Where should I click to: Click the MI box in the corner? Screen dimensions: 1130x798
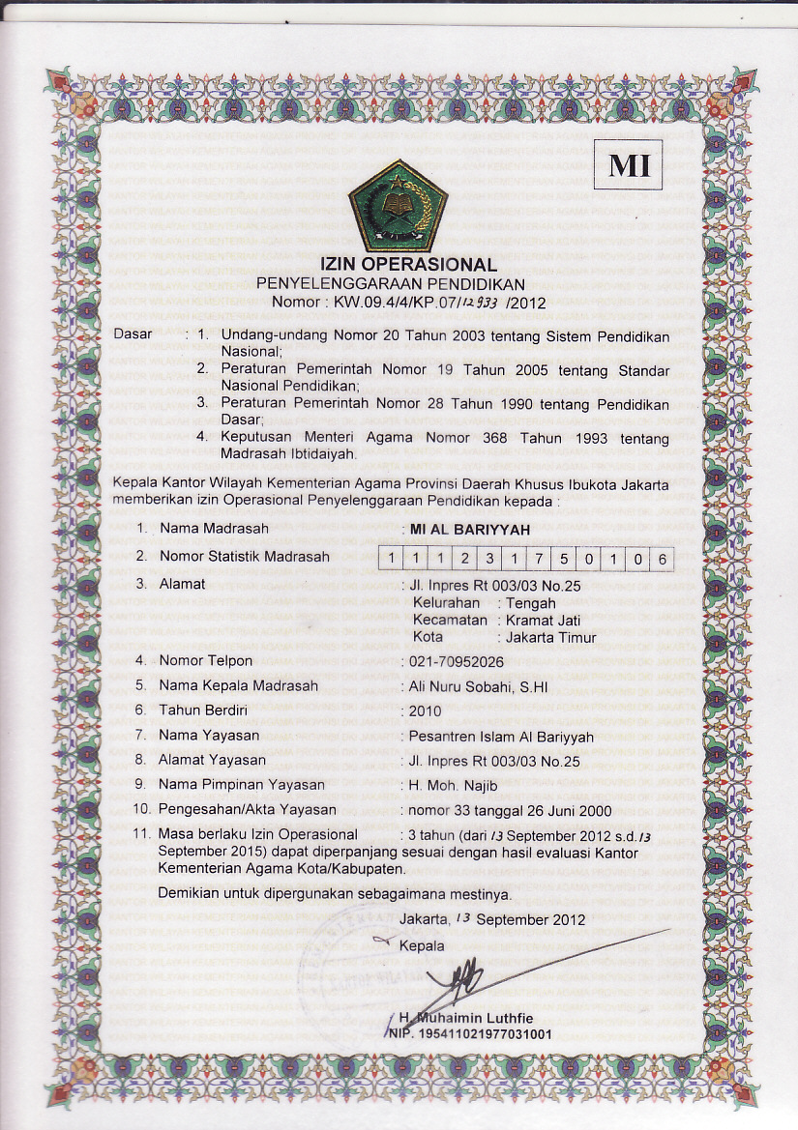pos(628,165)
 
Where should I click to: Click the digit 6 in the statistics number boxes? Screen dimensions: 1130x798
pos(663,558)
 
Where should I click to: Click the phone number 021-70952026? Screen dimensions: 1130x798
pos(457,661)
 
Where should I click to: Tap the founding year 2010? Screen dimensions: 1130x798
pos(426,711)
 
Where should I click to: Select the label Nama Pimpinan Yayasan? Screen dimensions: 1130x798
pos(242,784)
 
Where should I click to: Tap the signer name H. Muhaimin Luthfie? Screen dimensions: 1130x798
pos(464,1018)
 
